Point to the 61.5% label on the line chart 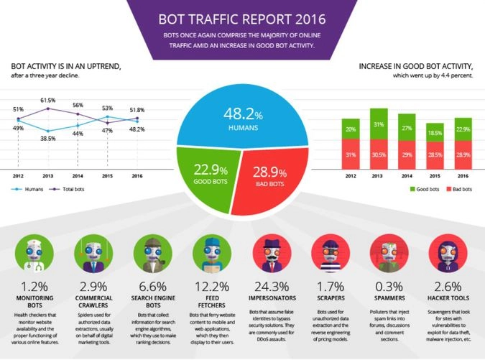coord(48,101)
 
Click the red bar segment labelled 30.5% coord(378,154)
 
